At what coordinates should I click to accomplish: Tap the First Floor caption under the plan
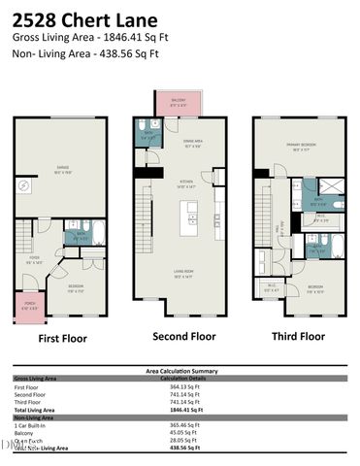click(x=62, y=339)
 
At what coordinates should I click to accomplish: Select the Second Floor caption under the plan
click(x=182, y=336)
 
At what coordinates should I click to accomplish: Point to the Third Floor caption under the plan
click(x=298, y=336)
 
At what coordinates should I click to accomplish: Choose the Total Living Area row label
click(x=35, y=411)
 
